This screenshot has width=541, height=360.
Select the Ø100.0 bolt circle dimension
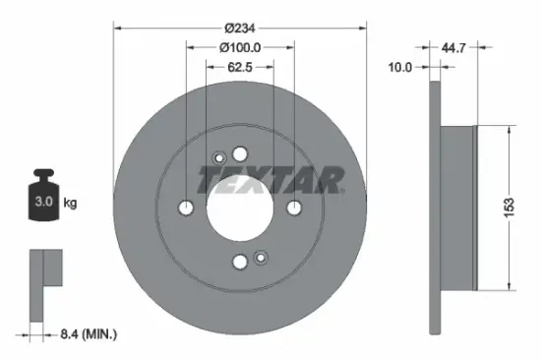click(x=239, y=47)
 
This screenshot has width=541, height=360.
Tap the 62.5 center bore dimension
click(x=239, y=69)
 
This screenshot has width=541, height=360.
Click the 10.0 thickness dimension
click(x=400, y=68)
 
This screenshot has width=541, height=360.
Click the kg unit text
click(x=71, y=204)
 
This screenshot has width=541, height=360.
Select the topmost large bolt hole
click(x=240, y=155)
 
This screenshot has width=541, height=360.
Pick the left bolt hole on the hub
click(x=187, y=209)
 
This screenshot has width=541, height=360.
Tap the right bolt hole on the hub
click(x=293, y=209)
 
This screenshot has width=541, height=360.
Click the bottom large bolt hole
click(x=240, y=262)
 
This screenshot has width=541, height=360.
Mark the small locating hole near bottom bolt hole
click(x=261, y=259)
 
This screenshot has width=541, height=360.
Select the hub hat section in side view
click(x=456, y=209)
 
